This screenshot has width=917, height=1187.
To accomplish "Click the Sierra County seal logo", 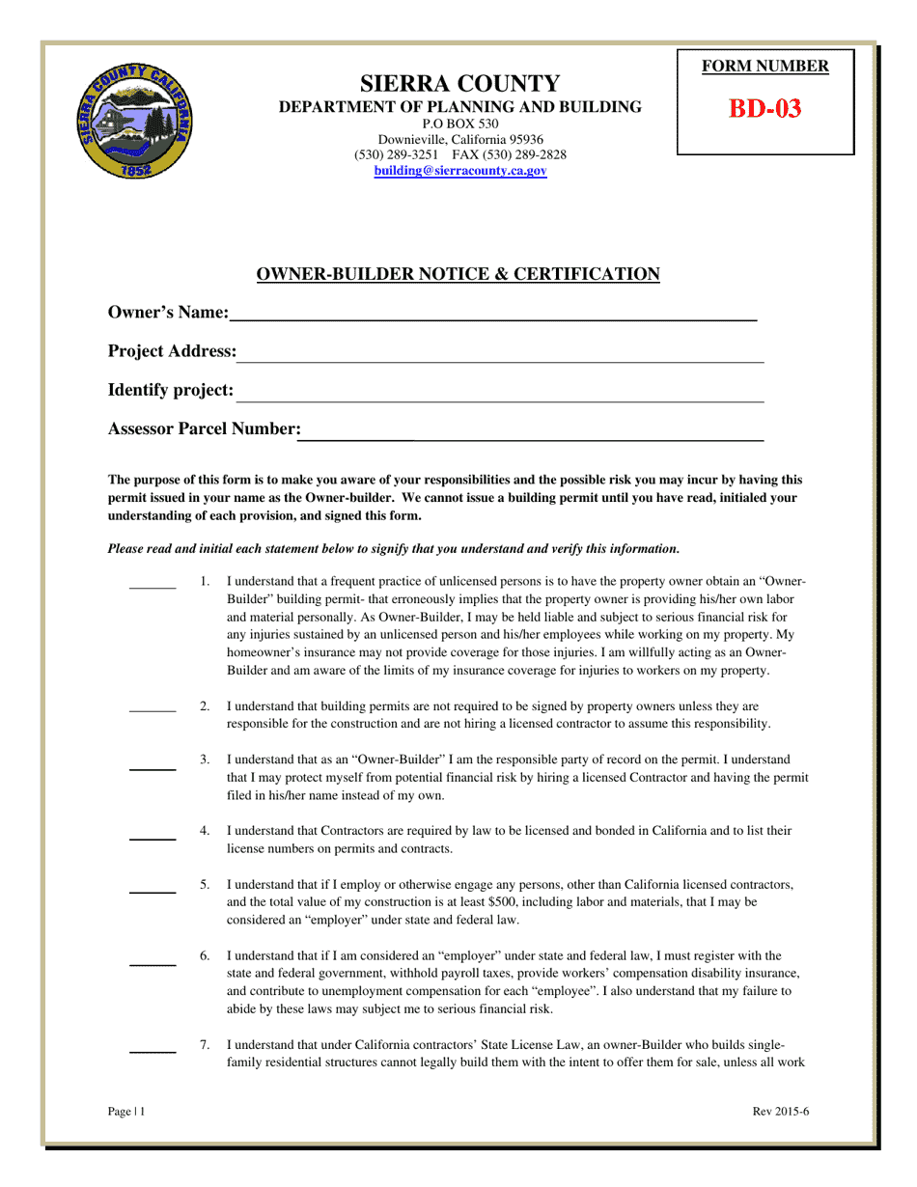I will coord(134,121).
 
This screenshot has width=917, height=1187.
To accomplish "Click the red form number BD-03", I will coord(764,108).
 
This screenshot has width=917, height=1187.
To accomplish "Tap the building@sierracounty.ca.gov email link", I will coord(460,171).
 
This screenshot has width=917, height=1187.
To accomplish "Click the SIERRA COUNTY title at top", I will coord(459,83).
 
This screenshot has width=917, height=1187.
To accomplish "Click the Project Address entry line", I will coord(500,360).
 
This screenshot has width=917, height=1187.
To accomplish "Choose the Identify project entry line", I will coord(500,400).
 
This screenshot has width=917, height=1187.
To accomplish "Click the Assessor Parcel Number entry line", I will coord(531,439).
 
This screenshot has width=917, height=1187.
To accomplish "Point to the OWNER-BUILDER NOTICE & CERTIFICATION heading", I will coord(458,275).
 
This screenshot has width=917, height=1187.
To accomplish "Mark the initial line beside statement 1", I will coord(153,587).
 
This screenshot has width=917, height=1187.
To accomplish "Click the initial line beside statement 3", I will coord(153,769).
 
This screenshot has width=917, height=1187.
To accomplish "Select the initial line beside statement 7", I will coord(153,1051).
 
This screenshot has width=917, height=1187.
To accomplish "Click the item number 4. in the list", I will coord(205,830).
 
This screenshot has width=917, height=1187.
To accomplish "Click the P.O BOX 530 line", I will coord(460,124).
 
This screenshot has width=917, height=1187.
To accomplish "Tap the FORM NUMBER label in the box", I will coord(764,67).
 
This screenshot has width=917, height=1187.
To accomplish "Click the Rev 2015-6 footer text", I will coord(780,1111).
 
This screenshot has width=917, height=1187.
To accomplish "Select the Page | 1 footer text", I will coord(126,1111).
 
